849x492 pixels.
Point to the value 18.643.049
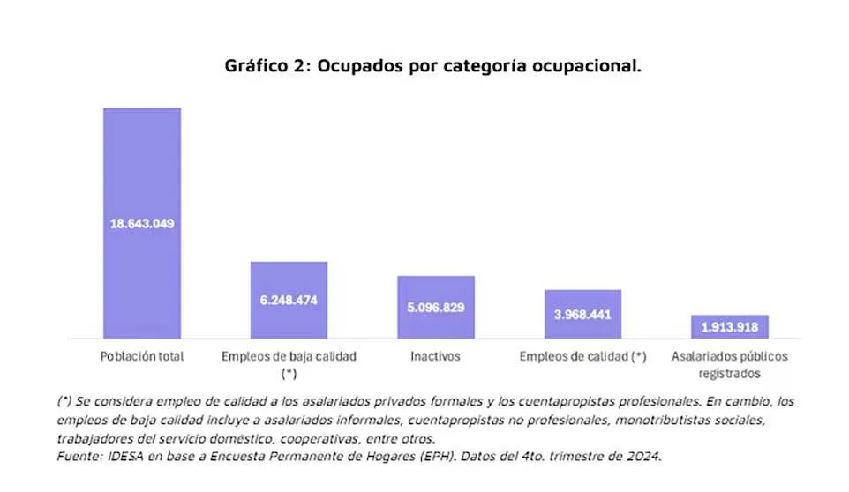142,223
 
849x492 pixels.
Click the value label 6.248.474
289,300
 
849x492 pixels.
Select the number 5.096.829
435,308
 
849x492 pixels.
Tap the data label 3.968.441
582,315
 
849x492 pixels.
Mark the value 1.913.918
729,327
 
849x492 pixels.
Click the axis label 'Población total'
142,357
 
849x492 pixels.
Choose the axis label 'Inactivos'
435,357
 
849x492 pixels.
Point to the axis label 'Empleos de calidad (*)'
582,357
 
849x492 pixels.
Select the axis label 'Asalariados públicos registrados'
729,365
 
